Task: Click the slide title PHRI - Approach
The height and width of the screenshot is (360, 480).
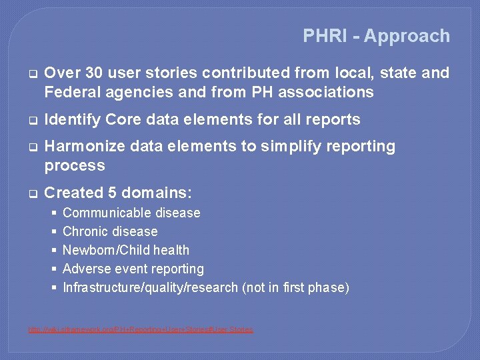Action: (376, 36)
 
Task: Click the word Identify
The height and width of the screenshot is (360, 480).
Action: (72, 120)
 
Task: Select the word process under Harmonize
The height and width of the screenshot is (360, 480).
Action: (74, 165)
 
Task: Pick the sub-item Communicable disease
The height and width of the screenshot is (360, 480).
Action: (131, 213)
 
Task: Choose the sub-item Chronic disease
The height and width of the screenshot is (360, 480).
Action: (110, 232)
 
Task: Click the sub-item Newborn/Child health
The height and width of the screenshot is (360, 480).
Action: (125, 251)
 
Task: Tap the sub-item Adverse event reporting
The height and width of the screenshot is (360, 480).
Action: (133, 269)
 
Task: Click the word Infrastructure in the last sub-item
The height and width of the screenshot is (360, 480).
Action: (98, 288)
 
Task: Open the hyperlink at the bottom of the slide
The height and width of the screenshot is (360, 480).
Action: (140, 329)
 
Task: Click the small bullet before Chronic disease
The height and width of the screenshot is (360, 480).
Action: (54, 232)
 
